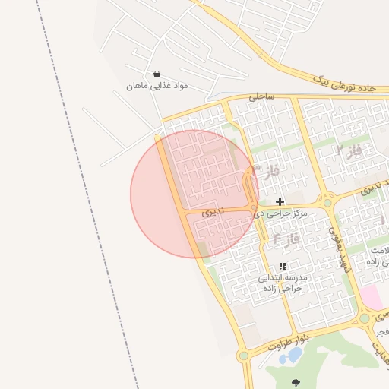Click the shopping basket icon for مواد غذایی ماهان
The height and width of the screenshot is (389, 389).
pyautogui.click(x=157, y=74)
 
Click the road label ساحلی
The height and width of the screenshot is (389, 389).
pyautogui.click(x=260, y=97)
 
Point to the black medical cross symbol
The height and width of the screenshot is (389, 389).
pyautogui.click(x=280, y=201)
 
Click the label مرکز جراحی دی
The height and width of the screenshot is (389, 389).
pyautogui.click(x=281, y=214)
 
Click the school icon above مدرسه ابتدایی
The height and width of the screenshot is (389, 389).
pyautogui.click(x=283, y=266)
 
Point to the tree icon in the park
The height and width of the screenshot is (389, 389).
pyautogui.click(x=296, y=383)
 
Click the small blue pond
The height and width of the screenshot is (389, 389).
pyautogui.click(x=293, y=355)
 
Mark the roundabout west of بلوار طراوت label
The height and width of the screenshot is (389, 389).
pyautogui.click(x=244, y=355)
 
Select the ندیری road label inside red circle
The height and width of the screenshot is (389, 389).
pyautogui.click(x=212, y=213)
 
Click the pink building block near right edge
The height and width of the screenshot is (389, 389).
pyautogui.click(x=372, y=297)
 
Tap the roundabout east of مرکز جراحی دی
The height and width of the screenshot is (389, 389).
pyautogui.click(x=328, y=203)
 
